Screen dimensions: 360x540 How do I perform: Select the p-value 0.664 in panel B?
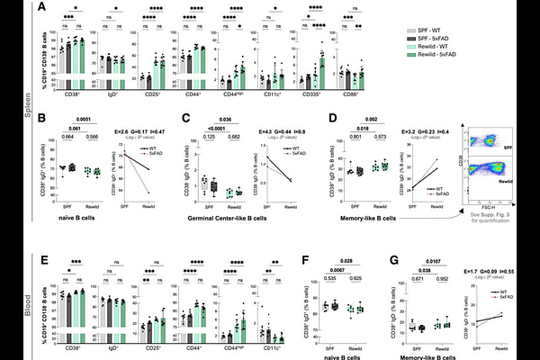pyautogui.click(x=64, y=137)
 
